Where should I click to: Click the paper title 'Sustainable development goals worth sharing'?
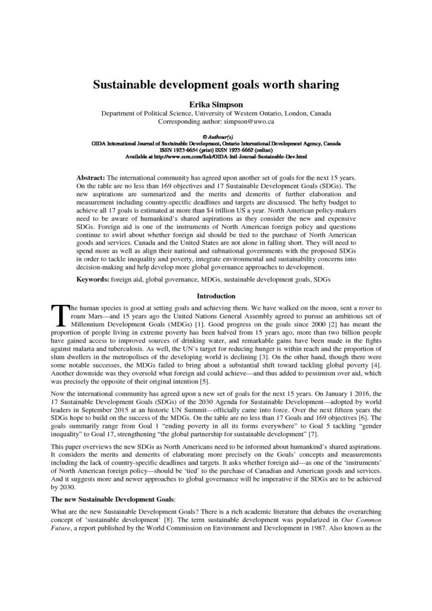215,85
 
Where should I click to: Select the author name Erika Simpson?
215,103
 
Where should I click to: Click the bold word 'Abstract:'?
91,178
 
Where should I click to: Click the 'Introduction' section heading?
215,296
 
